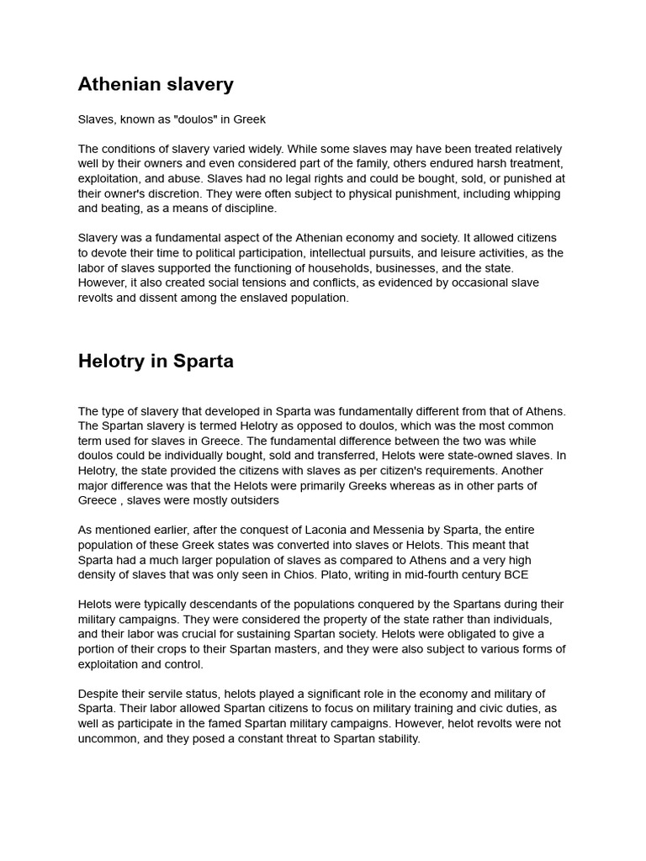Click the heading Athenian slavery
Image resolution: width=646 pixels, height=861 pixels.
156,84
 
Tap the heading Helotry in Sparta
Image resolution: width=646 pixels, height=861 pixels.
156,362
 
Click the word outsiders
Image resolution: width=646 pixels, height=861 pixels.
249,500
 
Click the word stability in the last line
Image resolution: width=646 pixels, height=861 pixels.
392,739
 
